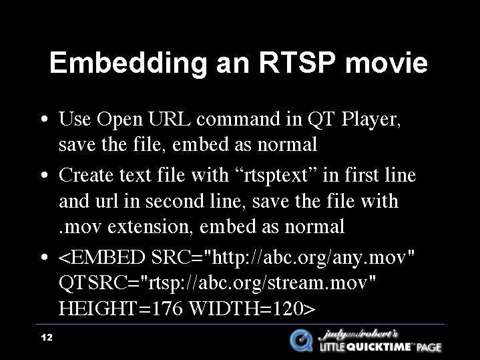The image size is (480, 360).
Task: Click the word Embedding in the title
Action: [x=128, y=63]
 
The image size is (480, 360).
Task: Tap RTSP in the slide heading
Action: [x=296, y=62]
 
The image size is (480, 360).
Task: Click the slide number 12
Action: [x=47, y=337]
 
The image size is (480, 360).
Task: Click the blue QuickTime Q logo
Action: [x=301, y=340]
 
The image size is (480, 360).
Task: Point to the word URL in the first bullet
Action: [x=170, y=119]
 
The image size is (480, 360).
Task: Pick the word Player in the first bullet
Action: [x=371, y=120]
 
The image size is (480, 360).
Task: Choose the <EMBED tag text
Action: [x=101, y=257]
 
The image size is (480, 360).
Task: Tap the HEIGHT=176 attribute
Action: [x=120, y=308]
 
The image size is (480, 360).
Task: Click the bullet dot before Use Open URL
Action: [x=44, y=119]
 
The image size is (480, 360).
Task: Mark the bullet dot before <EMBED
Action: [x=44, y=257]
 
